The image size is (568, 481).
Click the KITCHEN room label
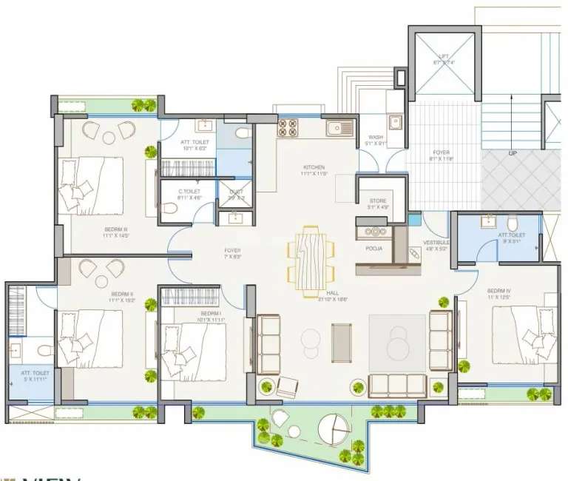(314, 167)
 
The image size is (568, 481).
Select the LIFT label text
(443, 56)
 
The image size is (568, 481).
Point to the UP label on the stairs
(512, 154)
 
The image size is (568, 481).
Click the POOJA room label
(374, 249)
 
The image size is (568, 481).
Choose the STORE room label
(378, 201)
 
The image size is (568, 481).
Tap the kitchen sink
(342, 128)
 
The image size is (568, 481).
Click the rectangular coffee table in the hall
(342, 343)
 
